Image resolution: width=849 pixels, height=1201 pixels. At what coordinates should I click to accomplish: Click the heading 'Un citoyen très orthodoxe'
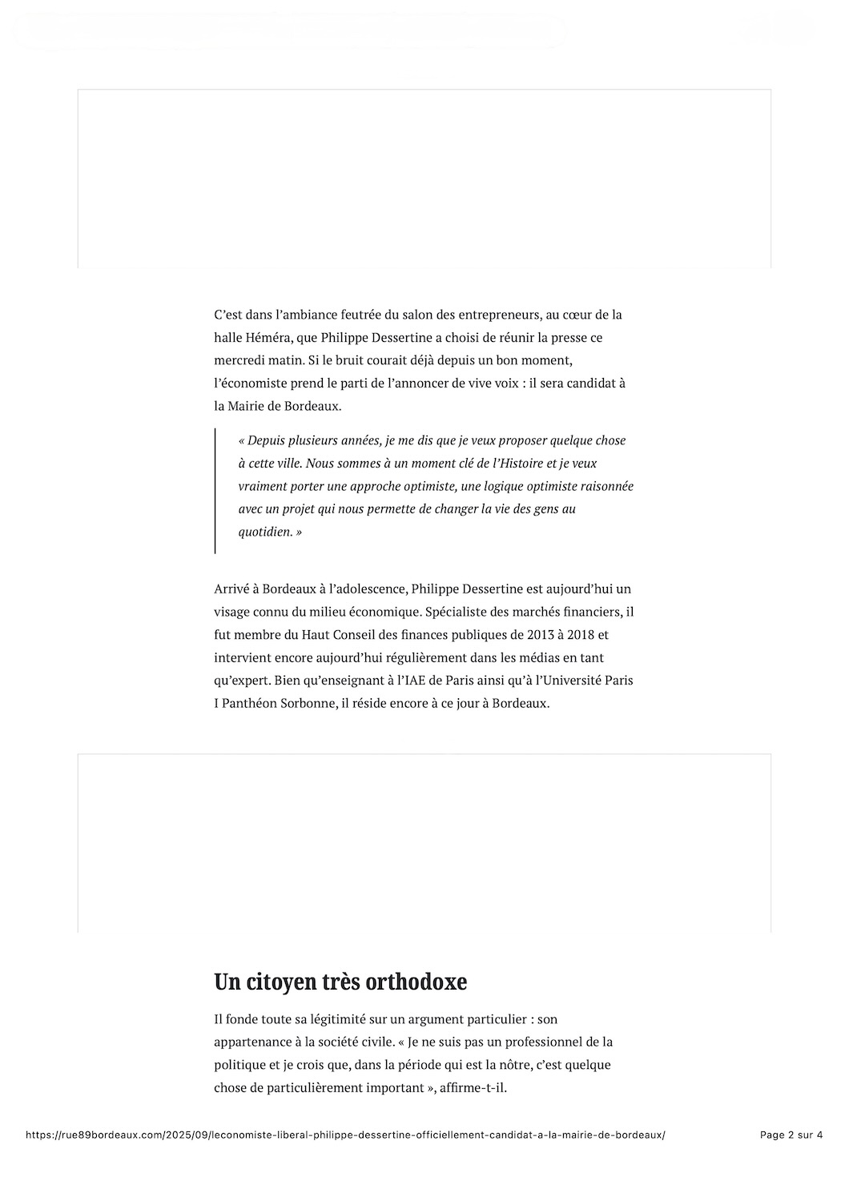pos(340,982)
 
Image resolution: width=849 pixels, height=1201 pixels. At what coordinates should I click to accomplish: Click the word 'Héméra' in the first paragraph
pos(267,338)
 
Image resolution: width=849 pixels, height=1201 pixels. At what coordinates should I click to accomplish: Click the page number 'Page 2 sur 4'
pos(791,1135)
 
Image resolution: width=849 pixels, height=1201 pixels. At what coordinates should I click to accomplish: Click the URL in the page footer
pos(345,1135)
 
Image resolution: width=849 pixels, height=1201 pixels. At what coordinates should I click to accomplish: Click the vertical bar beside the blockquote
pos(215,491)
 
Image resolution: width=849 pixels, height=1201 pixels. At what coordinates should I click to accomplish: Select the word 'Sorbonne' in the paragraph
pos(302,704)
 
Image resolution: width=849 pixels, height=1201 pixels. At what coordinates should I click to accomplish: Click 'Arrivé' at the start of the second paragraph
pos(231,588)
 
